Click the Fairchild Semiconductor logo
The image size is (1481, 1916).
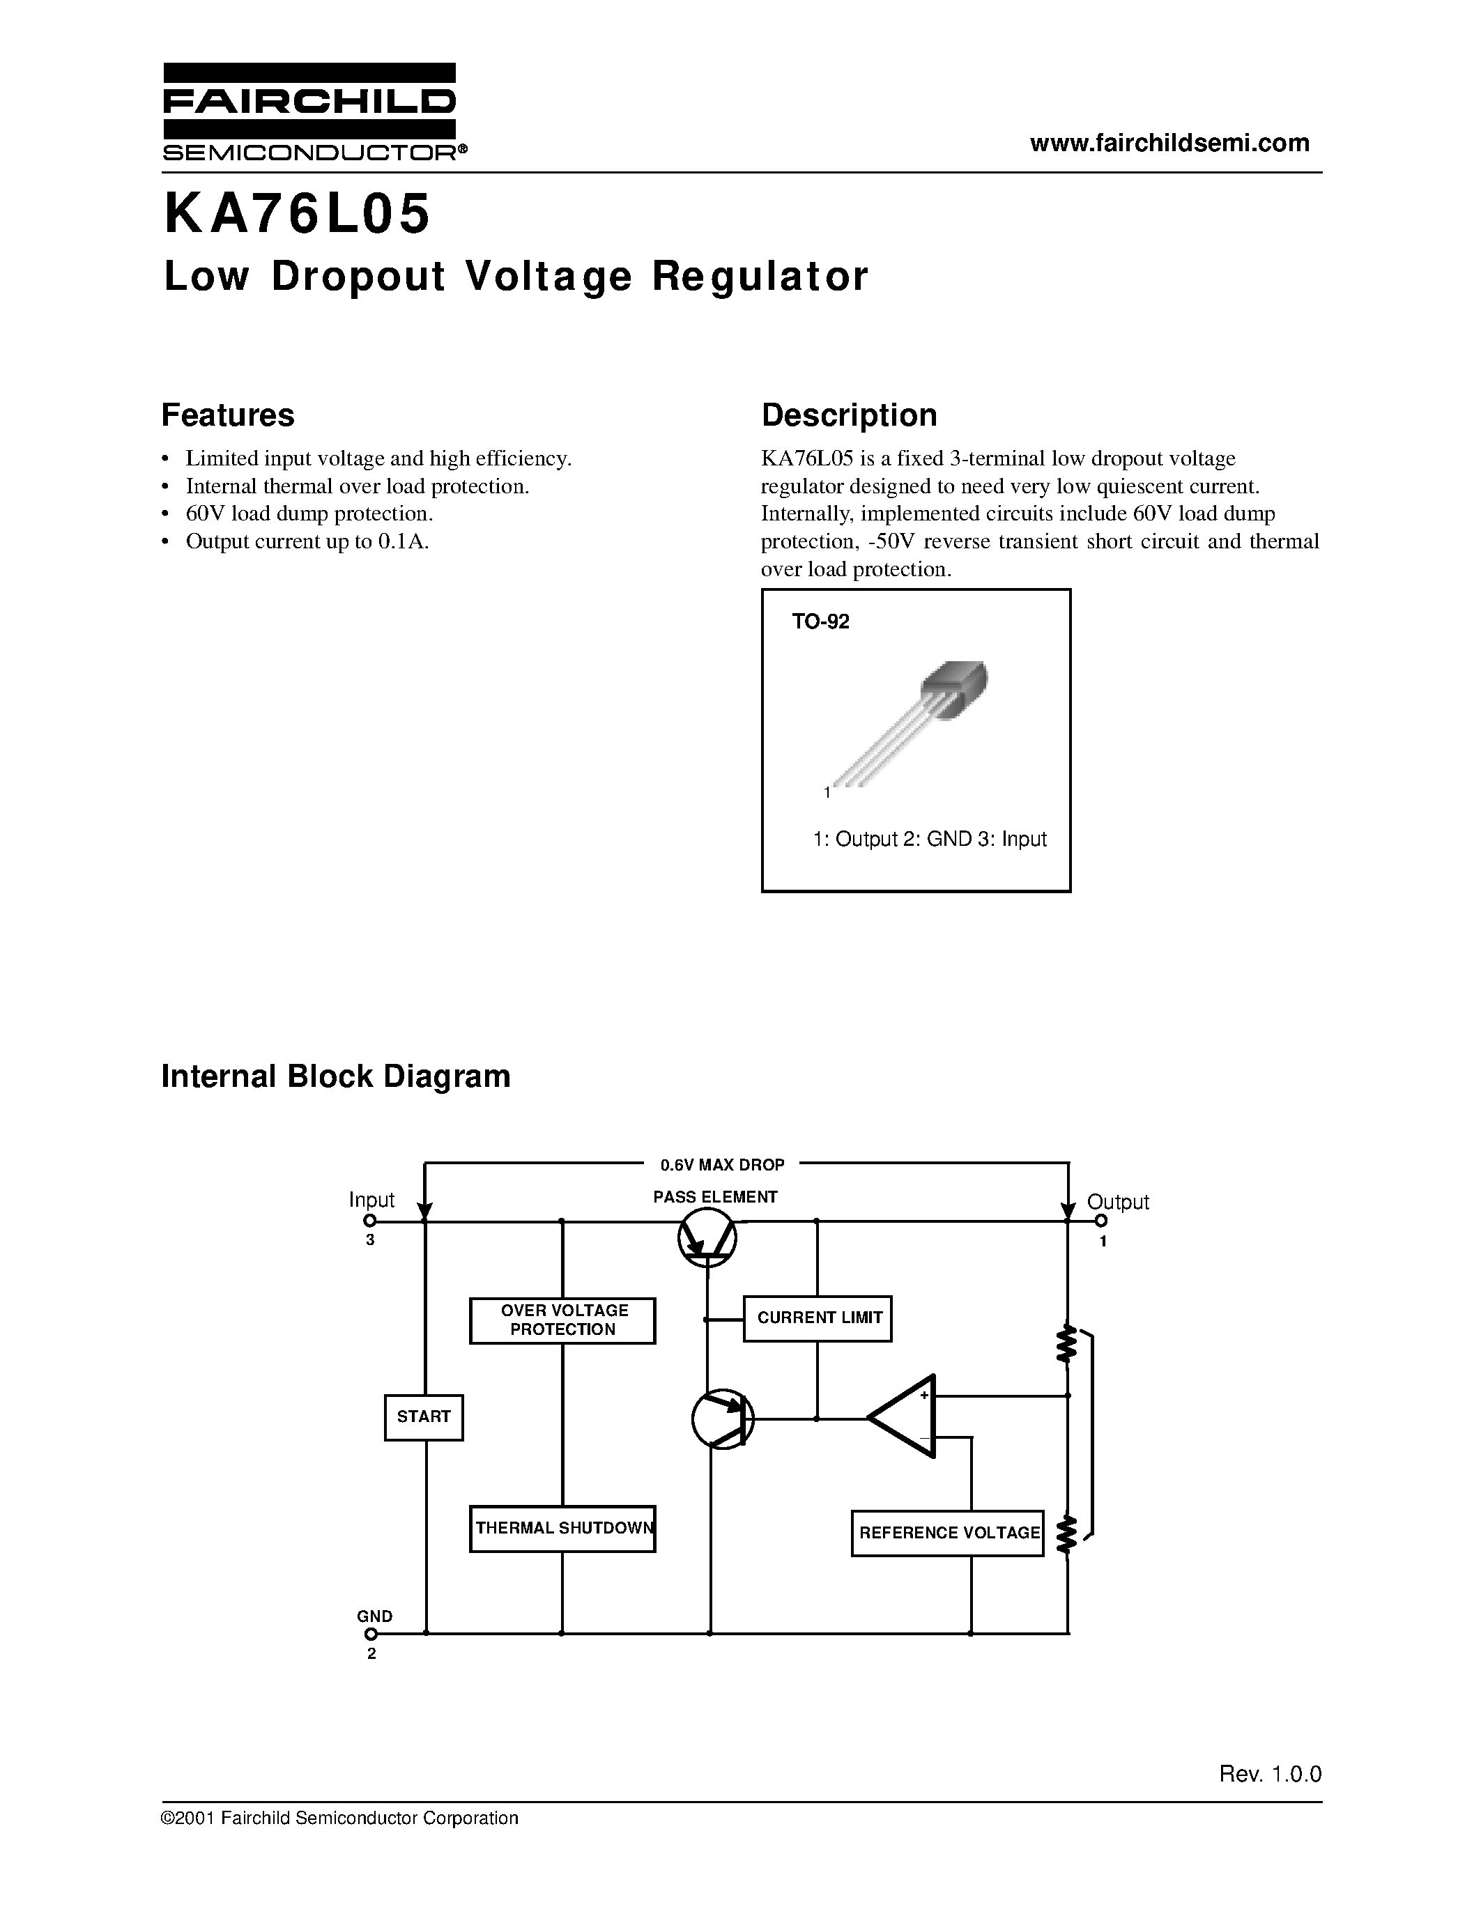coord(309,112)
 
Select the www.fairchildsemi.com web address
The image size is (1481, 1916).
coord(1169,143)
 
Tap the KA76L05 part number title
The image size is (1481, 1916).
coord(298,215)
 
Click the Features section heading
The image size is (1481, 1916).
coord(227,415)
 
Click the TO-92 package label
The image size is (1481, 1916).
coord(820,622)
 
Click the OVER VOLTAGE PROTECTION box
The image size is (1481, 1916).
coord(562,1320)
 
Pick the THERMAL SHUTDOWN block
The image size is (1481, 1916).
coord(562,1528)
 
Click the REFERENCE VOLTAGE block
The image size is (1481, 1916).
coord(948,1533)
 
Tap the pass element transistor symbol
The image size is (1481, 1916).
coord(707,1237)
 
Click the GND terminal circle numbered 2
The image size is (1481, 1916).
coord(371,1634)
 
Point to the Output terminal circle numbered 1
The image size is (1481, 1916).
coord(1101,1220)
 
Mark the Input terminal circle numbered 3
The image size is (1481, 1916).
coord(369,1220)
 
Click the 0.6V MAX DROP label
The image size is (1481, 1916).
coord(722,1165)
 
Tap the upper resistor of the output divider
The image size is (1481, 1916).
coord(1067,1343)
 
